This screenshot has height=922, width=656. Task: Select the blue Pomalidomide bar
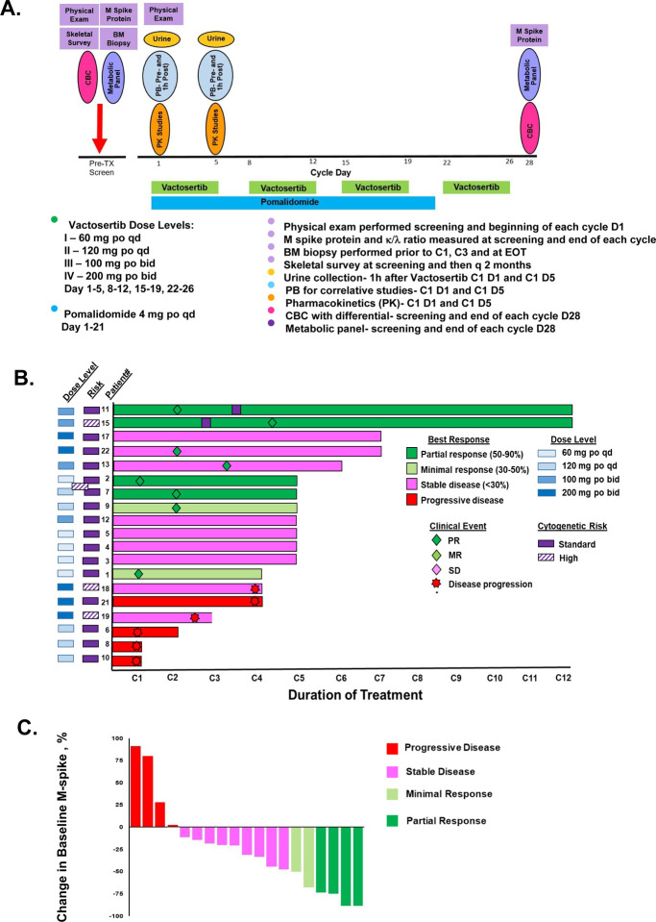293,203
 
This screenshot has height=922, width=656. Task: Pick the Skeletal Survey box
79,39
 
